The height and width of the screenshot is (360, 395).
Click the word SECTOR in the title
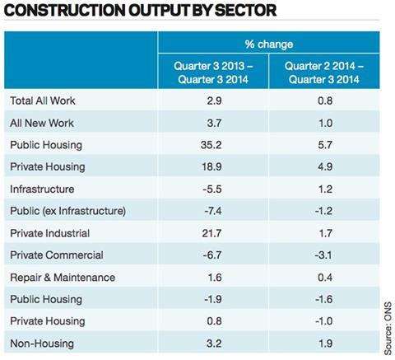(246, 11)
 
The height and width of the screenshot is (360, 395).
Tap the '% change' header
(269, 44)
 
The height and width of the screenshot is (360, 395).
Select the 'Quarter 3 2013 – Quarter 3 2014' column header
(213, 72)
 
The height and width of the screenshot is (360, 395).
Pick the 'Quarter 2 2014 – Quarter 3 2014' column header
(324, 72)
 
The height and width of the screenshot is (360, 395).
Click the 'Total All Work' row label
(43, 101)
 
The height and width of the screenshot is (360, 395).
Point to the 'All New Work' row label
(42, 123)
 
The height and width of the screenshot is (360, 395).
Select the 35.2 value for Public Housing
(211, 145)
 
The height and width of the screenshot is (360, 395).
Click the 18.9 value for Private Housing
(211, 166)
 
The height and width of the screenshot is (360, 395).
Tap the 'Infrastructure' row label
(42, 189)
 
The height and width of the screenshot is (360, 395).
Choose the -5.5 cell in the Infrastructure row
(212, 189)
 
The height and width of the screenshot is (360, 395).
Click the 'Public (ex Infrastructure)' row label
(67, 211)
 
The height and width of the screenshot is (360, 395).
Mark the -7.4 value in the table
(213, 211)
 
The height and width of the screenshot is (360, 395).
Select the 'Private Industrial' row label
(49, 233)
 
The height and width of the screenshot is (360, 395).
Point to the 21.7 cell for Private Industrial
(211, 233)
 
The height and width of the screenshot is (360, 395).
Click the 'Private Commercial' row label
(57, 255)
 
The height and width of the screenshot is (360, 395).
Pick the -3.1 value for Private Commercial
(323, 255)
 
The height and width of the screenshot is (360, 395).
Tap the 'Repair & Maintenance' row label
(63, 278)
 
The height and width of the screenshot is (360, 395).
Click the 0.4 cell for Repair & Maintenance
(325, 278)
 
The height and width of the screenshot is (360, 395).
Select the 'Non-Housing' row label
(42, 344)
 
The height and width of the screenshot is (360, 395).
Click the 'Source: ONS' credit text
(388, 328)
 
